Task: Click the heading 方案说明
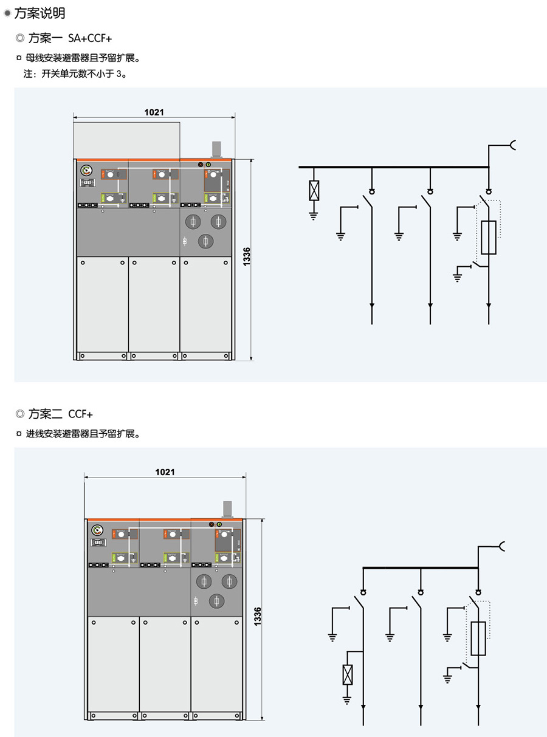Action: point(39,13)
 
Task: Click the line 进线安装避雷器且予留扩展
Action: point(83,434)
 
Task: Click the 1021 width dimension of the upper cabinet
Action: point(154,112)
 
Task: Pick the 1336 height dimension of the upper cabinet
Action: point(246,256)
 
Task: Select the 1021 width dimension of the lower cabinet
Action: point(165,471)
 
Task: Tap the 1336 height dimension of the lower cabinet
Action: point(257,618)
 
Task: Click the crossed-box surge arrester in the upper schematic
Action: point(314,190)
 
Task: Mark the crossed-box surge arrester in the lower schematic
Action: point(347,674)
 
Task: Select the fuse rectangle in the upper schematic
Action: point(489,237)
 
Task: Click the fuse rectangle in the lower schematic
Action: point(478,639)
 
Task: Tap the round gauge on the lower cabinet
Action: point(97,530)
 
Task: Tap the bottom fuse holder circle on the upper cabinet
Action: point(206,242)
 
